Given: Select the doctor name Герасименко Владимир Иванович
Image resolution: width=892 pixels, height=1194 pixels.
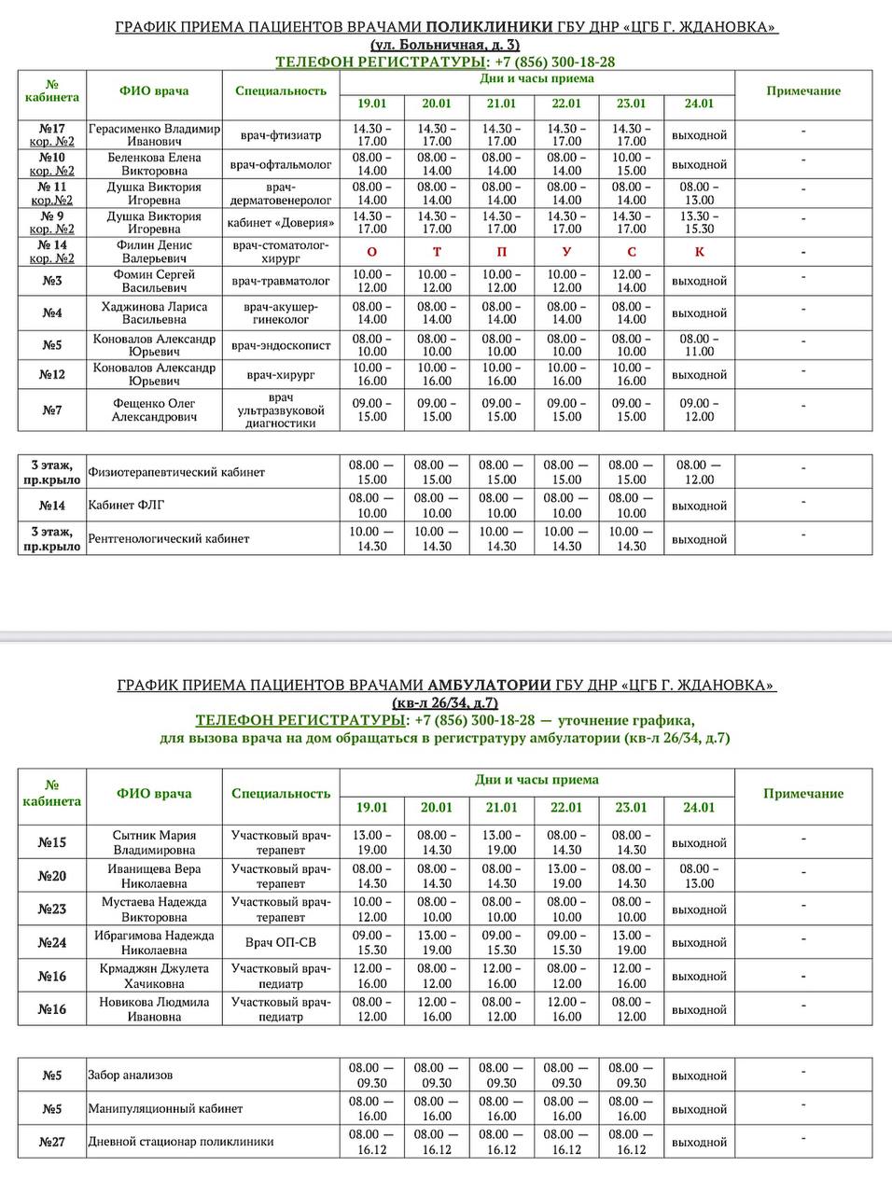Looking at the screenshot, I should coord(154,134).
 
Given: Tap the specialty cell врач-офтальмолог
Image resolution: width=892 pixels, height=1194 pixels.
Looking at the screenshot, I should coord(281,164).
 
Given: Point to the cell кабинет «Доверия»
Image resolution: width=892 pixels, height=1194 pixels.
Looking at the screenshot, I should coord(281,223).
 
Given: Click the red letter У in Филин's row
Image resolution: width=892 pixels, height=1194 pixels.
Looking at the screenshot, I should coord(566,252).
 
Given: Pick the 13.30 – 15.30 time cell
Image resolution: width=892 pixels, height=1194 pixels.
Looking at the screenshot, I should coord(699,223).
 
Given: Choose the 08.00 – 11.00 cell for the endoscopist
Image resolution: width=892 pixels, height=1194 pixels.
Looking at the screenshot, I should coord(699,345).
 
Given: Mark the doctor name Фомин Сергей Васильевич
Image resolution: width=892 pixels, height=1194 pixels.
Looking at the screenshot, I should coord(154,281).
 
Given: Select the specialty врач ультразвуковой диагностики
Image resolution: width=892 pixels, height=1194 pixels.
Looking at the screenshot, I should coord(281,410).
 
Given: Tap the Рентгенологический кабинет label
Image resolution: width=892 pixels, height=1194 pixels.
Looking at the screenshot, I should coord(169,539).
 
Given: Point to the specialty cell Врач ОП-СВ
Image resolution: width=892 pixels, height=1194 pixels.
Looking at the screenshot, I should coord(281,943).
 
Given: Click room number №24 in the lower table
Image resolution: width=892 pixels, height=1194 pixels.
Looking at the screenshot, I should coord(52,943).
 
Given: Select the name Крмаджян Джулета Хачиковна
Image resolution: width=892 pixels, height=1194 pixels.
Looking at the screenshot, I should coord(154,977).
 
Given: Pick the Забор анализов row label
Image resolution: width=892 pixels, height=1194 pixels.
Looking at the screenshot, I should coord(130,1076).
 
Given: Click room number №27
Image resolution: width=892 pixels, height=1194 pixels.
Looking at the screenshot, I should coord(52,1142).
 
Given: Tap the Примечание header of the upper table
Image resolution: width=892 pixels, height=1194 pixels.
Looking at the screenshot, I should coord(803,91).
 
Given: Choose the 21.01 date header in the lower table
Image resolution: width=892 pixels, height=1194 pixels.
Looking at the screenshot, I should coord(501,808).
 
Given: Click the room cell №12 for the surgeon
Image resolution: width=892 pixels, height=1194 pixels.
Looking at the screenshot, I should coord(52,375).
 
